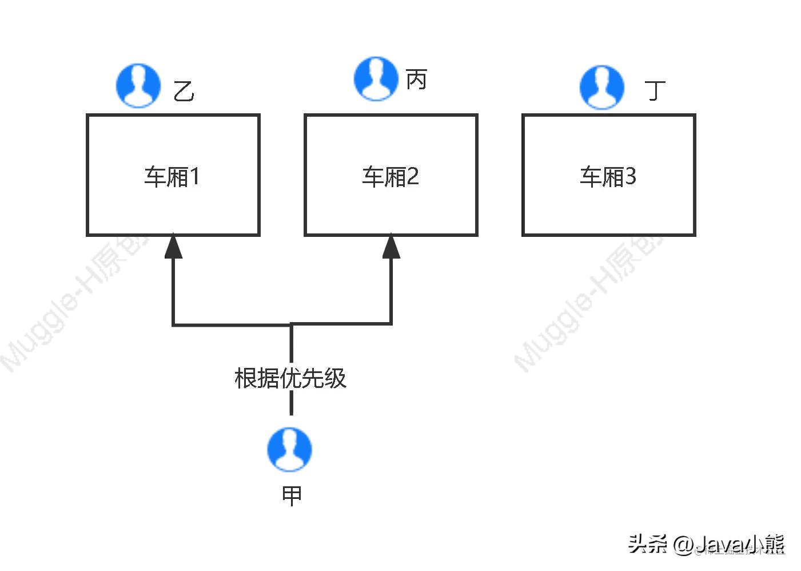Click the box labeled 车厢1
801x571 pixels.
coord(173,175)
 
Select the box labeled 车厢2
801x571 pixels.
coord(390,175)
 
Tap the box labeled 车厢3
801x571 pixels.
coord(608,175)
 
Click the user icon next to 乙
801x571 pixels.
coord(138,86)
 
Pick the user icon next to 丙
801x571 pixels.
coord(376,79)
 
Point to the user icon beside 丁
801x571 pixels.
coord(601,87)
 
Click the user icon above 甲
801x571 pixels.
coord(290,449)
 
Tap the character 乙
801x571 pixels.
coord(184,91)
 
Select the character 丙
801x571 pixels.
coord(416,80)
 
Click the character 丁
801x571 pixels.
coord(655,90)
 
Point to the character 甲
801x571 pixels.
coord(292,495)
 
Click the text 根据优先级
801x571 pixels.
coord(290,378)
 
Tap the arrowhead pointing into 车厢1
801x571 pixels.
coord(173,247)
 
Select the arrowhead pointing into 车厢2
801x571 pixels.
coord(391,247)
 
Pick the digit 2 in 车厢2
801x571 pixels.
coord(413,176)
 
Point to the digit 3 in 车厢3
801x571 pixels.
coord(630,176)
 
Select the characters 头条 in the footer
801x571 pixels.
coord(647,544)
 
